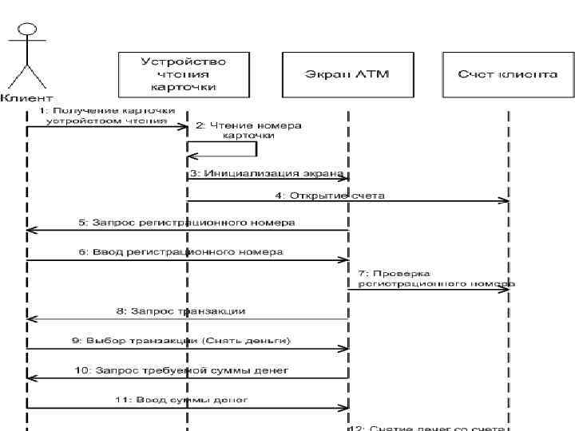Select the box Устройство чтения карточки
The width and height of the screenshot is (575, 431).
point(183,73)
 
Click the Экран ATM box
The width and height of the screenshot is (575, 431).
point(347,73)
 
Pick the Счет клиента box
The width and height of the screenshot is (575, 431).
point(508,73)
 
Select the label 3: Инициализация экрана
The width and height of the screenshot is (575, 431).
point(267,172)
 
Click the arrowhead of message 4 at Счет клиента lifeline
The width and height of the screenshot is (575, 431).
point(504,201)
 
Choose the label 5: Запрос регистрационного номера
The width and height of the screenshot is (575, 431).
point(186,223)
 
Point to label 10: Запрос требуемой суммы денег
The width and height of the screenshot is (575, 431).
point(180,370)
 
